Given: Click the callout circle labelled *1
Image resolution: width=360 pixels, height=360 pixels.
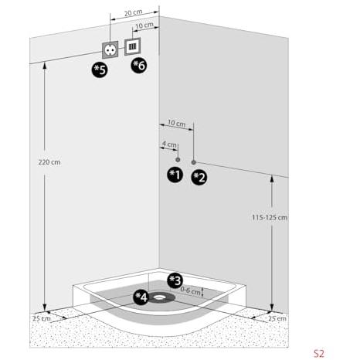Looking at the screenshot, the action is [x=175, y=175].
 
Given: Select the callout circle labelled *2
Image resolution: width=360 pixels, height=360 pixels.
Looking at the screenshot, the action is [x=199, y=178].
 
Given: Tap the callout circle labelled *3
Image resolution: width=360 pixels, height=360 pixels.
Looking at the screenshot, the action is [x=175, y=280].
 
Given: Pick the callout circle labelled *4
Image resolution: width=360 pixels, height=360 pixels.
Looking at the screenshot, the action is [x=141, y=297].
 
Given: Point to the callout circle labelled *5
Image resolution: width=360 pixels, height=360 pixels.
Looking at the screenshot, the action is [x=100, y=70].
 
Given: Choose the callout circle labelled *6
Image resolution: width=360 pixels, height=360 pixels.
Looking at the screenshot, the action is [x=139, y=66].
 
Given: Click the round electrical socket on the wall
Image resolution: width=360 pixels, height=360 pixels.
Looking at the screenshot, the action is [x=110, y=49].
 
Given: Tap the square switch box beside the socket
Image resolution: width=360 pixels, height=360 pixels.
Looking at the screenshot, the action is [x=133, y=46].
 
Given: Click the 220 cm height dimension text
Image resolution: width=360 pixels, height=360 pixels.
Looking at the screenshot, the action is [x=49, y=162].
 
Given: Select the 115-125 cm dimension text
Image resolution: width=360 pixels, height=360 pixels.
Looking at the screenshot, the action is [x=270, y=218].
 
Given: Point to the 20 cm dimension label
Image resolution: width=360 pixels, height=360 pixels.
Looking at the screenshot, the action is [x=133, y=12].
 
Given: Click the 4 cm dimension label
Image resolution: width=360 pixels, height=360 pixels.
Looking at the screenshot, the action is [x=169, y=144].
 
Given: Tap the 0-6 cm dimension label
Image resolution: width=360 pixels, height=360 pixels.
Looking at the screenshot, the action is [x=190, y=290].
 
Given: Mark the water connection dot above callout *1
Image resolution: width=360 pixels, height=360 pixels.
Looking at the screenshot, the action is [x=178, y=160].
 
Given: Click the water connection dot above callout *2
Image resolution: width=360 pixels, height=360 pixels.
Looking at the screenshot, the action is [x=194, y=162].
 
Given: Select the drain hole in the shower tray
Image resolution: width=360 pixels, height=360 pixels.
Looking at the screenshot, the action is [x=160, y=297].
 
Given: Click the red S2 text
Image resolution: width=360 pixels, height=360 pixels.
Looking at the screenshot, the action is [x=319, y=353].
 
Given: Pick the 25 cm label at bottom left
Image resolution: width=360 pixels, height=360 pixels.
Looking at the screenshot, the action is [x=42, y=318].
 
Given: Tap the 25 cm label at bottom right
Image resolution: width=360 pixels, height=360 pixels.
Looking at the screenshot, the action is [x=277, y=318].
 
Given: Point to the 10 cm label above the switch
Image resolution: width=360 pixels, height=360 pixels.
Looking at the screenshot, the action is [x=144, y=25].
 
